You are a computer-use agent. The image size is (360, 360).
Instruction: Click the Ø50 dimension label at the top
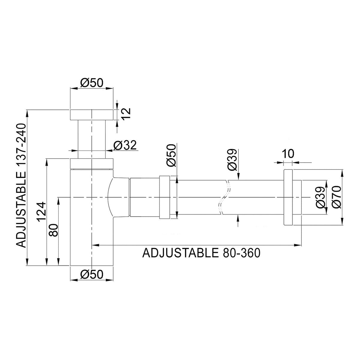[x=92, y=82]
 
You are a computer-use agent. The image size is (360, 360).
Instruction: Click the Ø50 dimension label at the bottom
[x=92, y=274]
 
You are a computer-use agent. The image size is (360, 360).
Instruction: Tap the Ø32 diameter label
[x=125, y=145]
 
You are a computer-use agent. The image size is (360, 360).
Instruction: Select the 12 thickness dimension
[x=126, y=114]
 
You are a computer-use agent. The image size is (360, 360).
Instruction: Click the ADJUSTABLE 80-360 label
[x=201, y=253]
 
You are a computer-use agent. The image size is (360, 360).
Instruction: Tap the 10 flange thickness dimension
[x=288, y=154]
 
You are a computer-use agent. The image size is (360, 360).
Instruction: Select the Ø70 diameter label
[x=337, y=197]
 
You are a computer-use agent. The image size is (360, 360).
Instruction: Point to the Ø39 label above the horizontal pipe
[x=232, y=160]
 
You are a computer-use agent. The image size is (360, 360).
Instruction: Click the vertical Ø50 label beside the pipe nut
[x=172, y=155]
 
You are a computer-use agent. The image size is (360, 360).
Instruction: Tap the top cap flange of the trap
[x=91, y=115]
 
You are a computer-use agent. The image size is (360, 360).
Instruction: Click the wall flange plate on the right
[x=288, y=197]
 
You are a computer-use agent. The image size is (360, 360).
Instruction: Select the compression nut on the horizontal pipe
[x=164, y=197]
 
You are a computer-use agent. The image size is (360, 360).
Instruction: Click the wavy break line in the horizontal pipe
[x=225, y=197]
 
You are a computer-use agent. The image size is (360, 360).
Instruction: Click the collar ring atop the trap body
[x=91, y=164]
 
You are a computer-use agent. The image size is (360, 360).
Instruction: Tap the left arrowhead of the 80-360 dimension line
[x=96, y=245]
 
